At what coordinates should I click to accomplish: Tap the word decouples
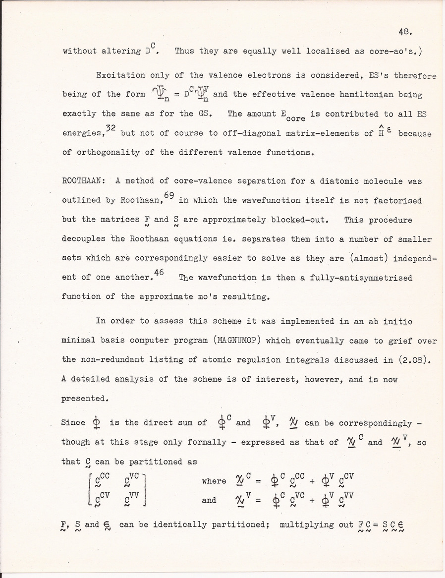click(81, 239)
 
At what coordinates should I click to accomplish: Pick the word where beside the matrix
click(214, 481)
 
